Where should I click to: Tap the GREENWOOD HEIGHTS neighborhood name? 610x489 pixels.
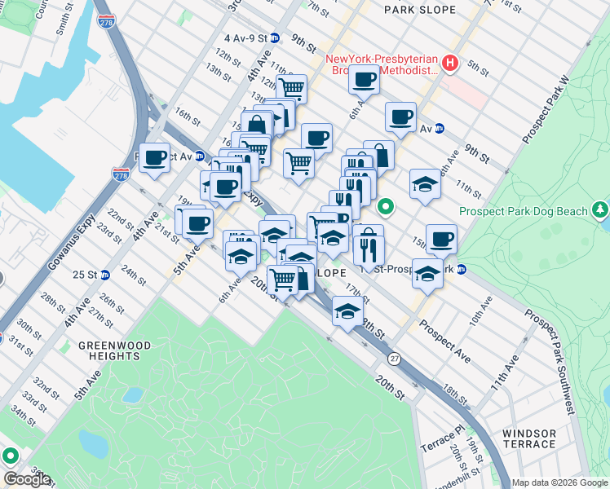[x=115, y=350]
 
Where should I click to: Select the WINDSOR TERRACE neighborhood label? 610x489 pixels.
[x=529, y=438]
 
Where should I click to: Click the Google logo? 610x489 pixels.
[x=27, y=478]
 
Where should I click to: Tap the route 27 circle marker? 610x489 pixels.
[x=394, y=359]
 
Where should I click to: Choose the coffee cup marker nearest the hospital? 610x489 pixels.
[x=364, y=80]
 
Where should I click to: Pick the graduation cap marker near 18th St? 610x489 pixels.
[x=347, y=311]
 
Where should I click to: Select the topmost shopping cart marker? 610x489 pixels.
[x=291, y=87]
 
